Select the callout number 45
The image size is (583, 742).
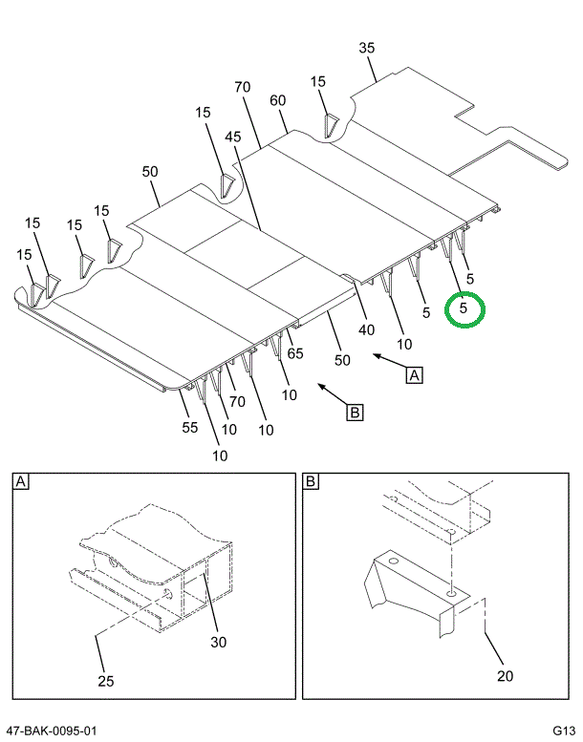tap(233, 138)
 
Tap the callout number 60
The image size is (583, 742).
tap(278, 100)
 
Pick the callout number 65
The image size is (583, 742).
tap(294, 353)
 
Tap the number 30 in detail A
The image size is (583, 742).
tap(219, 642)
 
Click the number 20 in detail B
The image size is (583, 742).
tap(505, 676)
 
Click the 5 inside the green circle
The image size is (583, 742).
tap(464, 308)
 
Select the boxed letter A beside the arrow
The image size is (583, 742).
tap(414, 375)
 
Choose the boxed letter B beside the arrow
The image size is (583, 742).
tap(354, 413)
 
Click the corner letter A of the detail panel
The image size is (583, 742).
tap(20, 482)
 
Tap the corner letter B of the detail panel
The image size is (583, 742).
tap(311, 482)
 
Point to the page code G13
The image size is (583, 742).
tap(562, 731)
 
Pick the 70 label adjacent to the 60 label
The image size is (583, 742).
tap(242, 88)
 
